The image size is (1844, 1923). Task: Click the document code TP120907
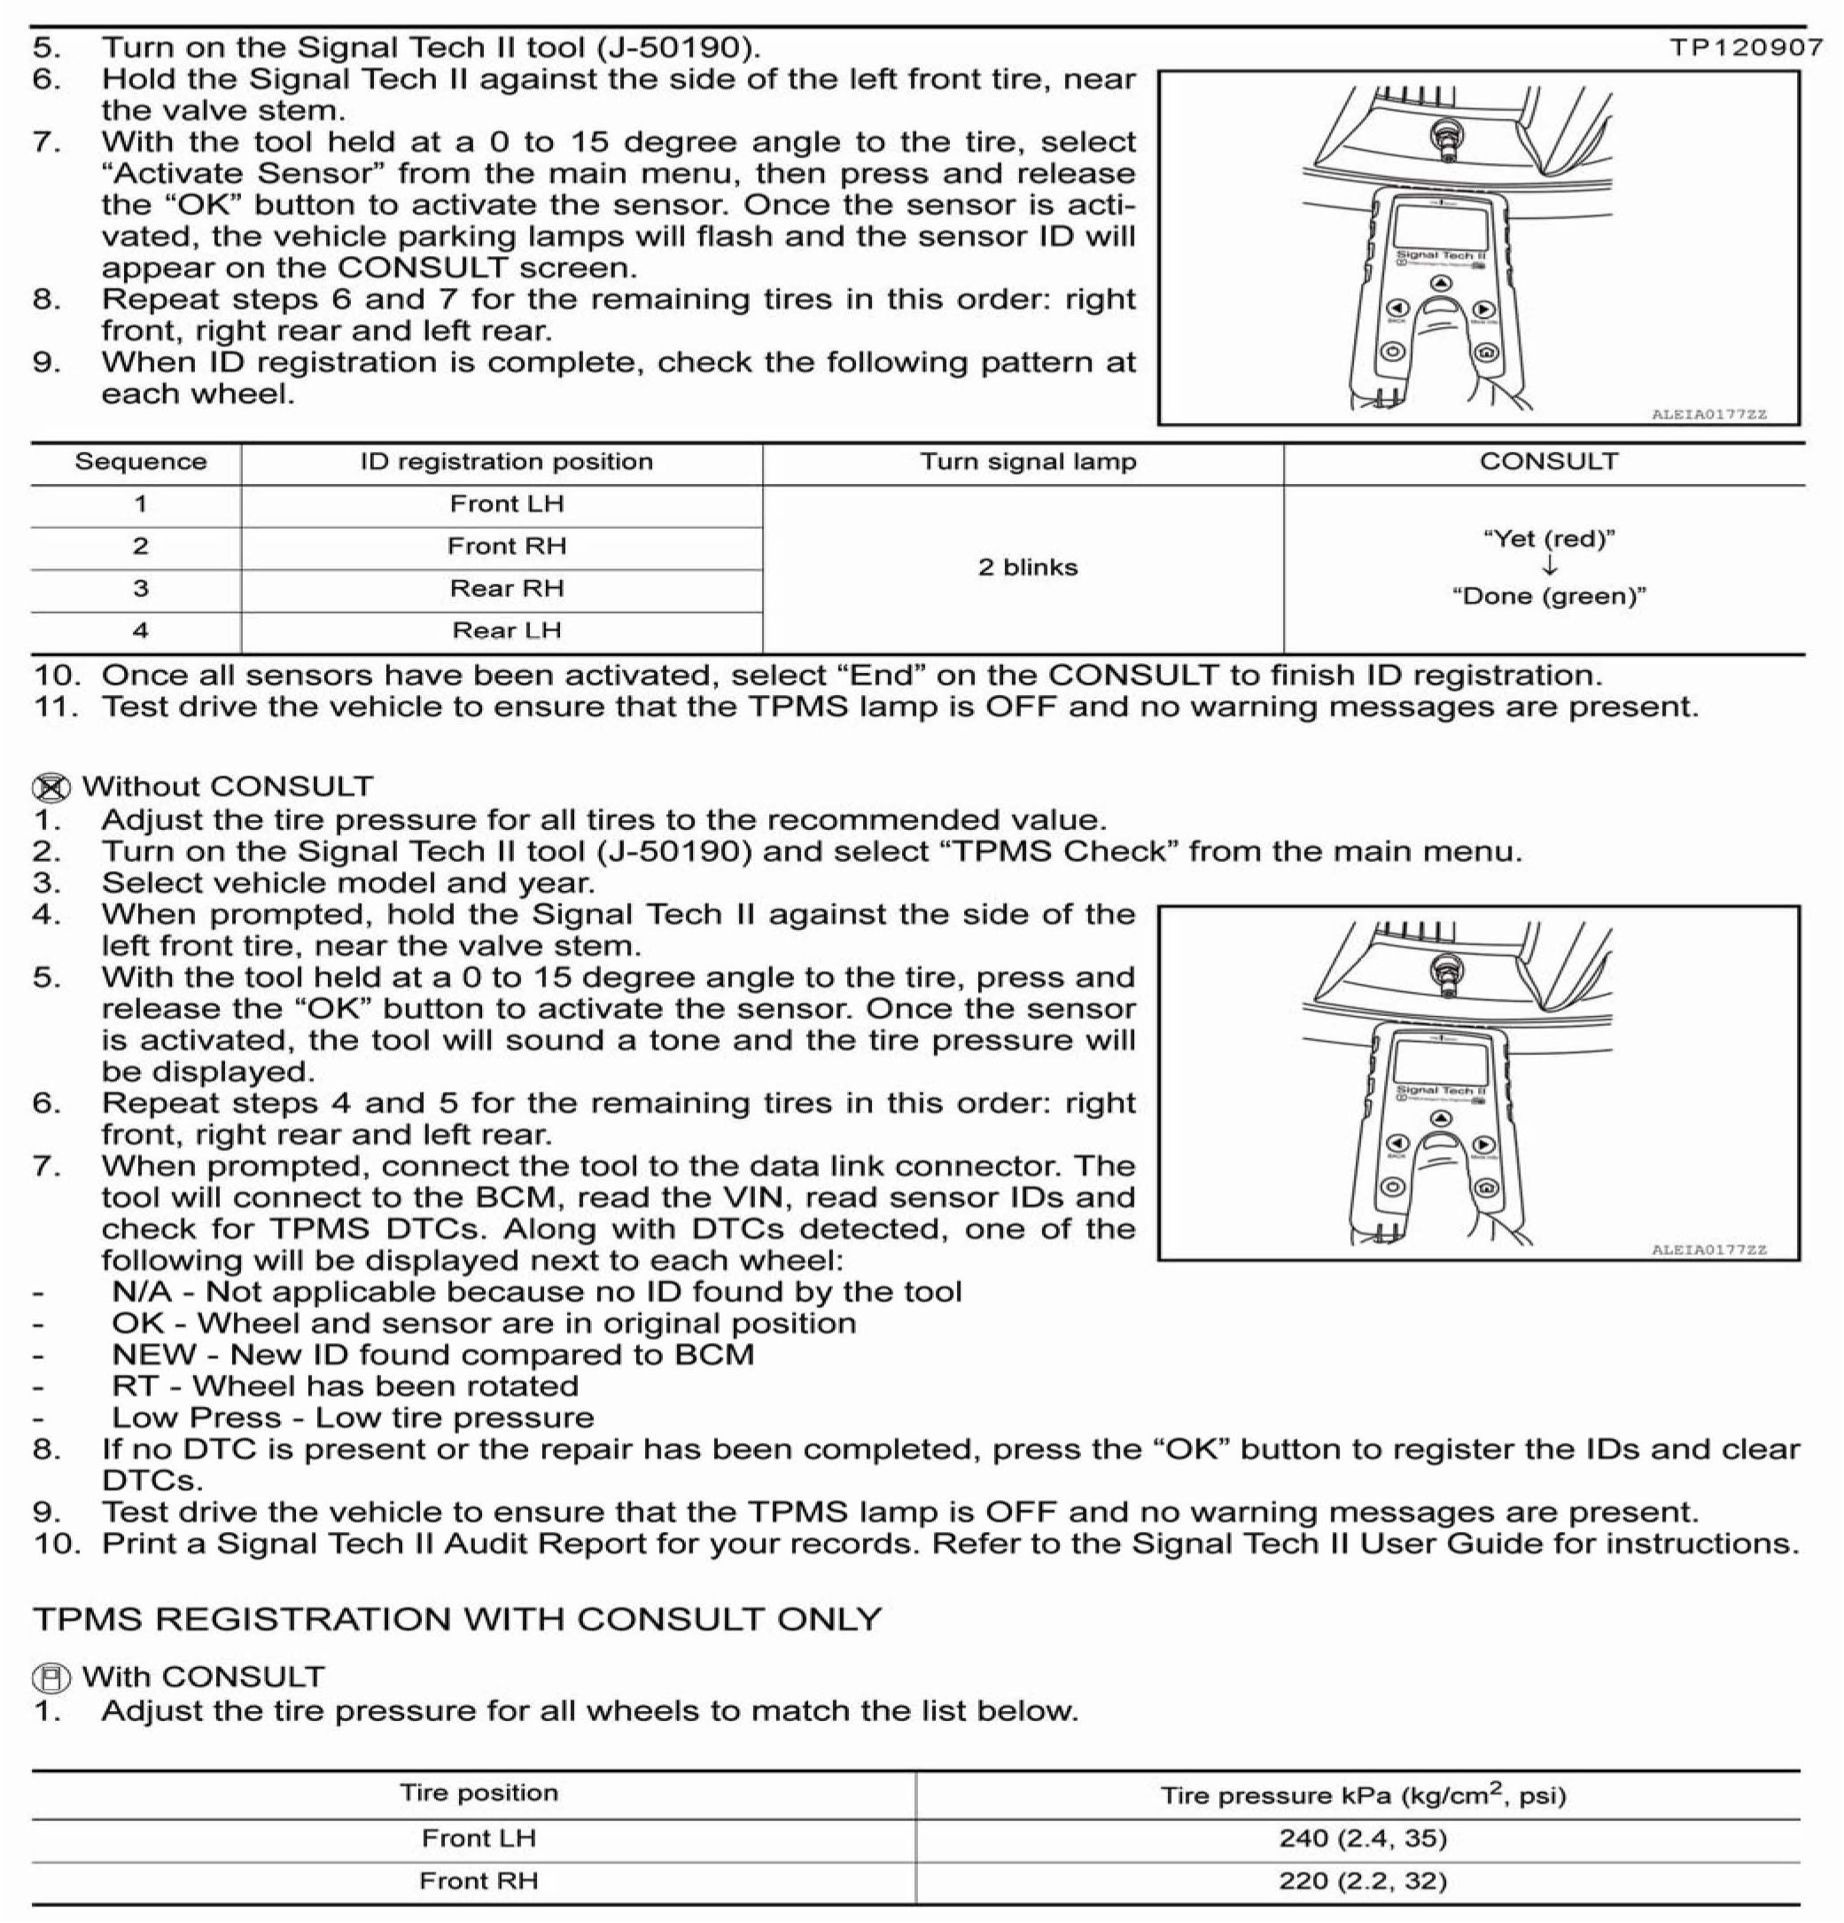pos(1745,47)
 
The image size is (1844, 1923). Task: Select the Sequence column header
pos(140,462)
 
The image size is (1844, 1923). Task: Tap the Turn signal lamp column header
pos(1027,462)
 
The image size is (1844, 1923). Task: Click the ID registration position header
pos(506,462)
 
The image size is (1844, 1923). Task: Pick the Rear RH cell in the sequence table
pos(506,589)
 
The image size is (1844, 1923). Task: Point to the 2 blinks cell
pos(1027,567)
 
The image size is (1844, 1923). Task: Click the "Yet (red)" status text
pos(1548,539)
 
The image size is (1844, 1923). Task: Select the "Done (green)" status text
pos(1548,597)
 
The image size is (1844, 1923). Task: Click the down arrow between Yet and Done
pos(1549,567)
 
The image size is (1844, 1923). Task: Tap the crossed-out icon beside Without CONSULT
pos(51,788)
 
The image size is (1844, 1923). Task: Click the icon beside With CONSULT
pos(51,1677)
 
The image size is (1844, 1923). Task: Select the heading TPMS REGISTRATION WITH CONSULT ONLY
pos(457,1619)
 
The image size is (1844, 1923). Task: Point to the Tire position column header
pos(478,1794)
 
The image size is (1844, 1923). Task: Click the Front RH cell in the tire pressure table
pos(478,1880)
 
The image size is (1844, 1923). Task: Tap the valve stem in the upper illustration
pos(1443,138)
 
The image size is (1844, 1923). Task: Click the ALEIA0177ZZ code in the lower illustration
pos(1708,1250)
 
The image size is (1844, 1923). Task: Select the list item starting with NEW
pos(432,1355)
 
